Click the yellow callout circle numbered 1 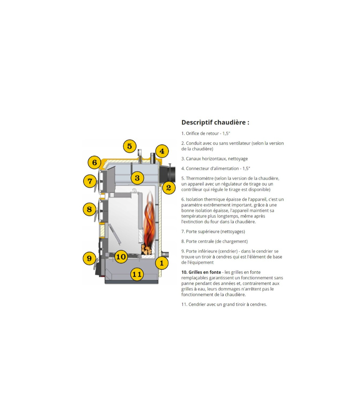point(162,263)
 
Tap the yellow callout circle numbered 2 point(168,187)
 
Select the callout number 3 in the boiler point(137,178)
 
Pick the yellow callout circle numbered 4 point(162,151)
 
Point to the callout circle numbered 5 point(130,146)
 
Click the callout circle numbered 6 point(94,162)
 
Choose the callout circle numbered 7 point(90,180)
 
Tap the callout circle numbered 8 point(89,209)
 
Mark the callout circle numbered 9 point(89,258)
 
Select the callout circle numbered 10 point(121,257)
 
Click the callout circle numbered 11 point(137,274)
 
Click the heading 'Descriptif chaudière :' point(215,122)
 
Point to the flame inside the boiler point(149,220)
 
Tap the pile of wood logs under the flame point(146,249)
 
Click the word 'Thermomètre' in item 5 point(200,178)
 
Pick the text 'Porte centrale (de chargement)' point(217,242)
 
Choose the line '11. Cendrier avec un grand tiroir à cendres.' point(224,305)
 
